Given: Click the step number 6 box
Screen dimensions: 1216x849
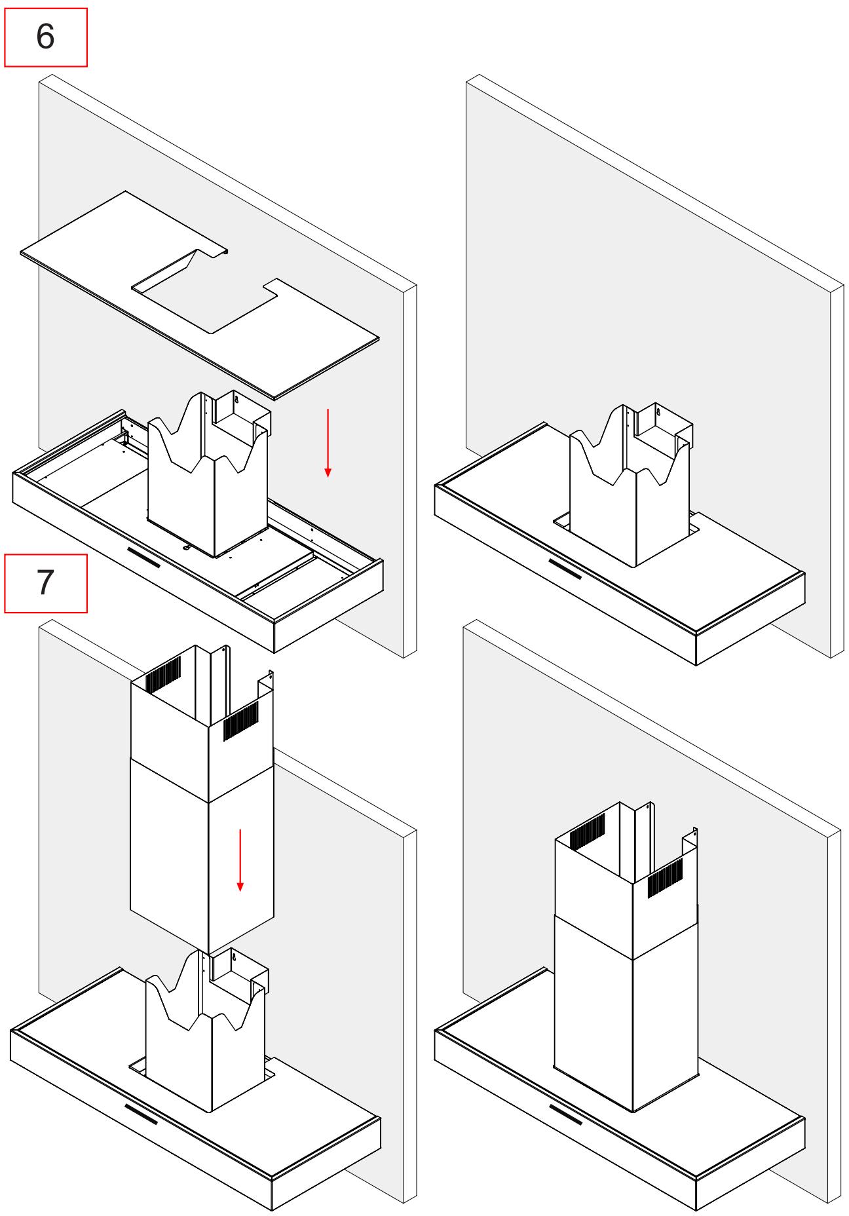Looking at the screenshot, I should [x=45, y=37].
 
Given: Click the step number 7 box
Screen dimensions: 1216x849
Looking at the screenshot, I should [x=45, y=582].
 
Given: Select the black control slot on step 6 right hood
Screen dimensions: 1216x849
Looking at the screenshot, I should [x=565, y=568].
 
